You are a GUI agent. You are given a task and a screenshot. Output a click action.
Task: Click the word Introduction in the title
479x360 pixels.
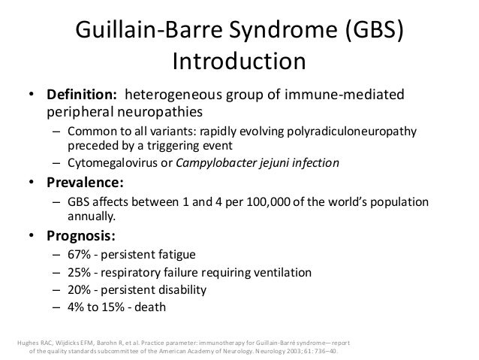(x=239, y=60)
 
